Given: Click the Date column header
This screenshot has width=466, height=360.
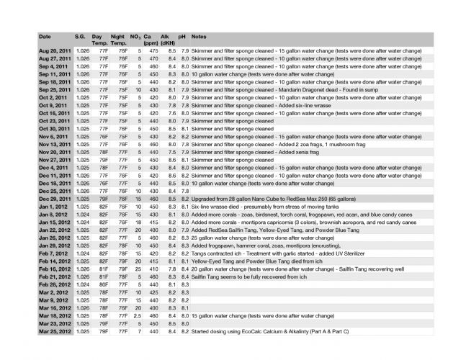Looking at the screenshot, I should point(45,35).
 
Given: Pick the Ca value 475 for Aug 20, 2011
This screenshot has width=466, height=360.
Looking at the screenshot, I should point(153,51).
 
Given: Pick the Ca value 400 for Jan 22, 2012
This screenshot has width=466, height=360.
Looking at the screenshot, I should point(153,229).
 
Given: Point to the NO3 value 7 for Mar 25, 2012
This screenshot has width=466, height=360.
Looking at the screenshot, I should point(138,331).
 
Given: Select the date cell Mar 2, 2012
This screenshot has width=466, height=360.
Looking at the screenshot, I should point(51,292).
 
